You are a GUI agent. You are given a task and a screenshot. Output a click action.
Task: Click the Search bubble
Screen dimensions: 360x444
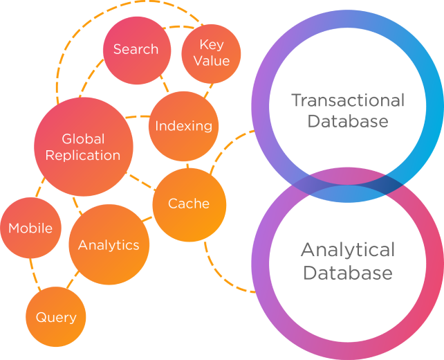[x=136, y=50]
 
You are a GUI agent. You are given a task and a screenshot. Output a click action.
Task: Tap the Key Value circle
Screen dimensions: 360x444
[x=211, y=53]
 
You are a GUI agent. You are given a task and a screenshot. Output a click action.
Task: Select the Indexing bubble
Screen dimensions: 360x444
[x=183, y=125]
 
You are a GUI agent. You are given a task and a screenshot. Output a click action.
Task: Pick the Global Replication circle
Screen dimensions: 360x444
[x=83, y=146]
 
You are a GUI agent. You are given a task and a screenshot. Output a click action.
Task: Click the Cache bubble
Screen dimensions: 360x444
[x=189, y=204]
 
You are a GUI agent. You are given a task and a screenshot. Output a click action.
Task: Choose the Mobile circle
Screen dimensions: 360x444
[x=30, y=228]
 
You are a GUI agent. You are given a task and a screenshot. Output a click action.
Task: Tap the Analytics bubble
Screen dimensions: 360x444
[x=109, y=245]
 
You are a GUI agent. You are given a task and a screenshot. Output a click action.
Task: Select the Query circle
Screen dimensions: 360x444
[x=56, y=317]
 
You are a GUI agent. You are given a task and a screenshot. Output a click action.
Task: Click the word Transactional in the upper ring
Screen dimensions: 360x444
[x=347, y=100]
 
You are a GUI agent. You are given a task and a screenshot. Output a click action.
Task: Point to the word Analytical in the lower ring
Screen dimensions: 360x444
[x=347, y=249]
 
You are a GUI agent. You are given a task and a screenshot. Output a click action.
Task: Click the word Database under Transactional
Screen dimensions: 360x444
[x=347, y=122]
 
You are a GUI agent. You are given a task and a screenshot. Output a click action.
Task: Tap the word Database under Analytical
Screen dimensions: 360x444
[x=347, y=272]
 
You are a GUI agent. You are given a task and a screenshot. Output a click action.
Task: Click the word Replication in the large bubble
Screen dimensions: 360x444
[x=83, y=155]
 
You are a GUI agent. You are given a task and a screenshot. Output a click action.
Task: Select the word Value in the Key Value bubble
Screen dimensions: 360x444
[x=211, y=61]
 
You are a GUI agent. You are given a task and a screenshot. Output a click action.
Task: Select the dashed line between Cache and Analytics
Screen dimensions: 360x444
[x=147, y=221]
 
